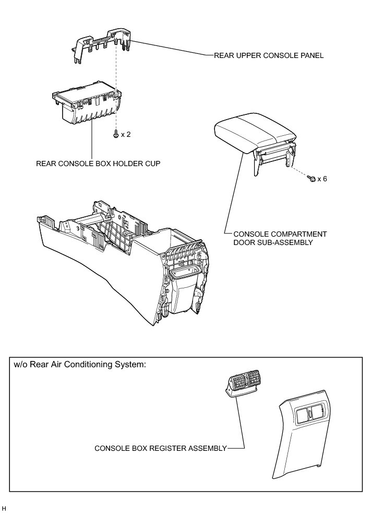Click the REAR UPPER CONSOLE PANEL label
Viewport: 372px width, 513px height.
click(x=269, y=55)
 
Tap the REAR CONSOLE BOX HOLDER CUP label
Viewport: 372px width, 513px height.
click(x=98, y=164)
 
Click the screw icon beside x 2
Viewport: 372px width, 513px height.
click(x=115, y=134)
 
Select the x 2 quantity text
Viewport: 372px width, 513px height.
click(x=126, y=135)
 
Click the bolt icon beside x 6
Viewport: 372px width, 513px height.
click(x=311, y=179)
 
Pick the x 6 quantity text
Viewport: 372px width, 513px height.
click(x=322, y=179)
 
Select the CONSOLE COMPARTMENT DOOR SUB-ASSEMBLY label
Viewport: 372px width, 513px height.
click(x=272, y=238)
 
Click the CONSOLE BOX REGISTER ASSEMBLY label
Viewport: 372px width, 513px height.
click(x=161, y=448)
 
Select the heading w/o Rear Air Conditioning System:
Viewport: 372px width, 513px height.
click(x=80, y=365)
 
